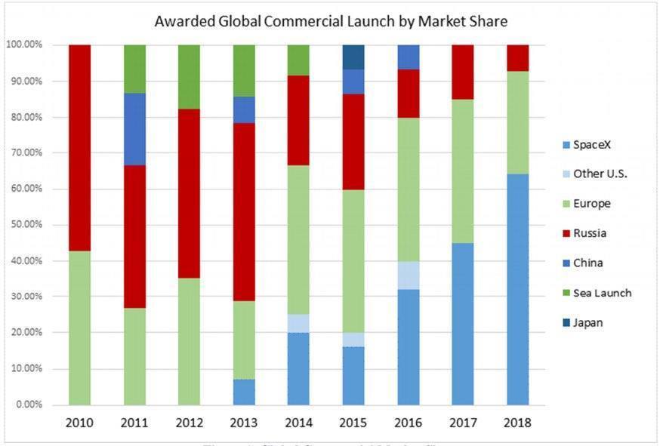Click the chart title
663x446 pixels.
pyautogui.click(x=331, y=21)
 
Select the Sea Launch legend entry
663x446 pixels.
pyautogui.click(x=602, y=293)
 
